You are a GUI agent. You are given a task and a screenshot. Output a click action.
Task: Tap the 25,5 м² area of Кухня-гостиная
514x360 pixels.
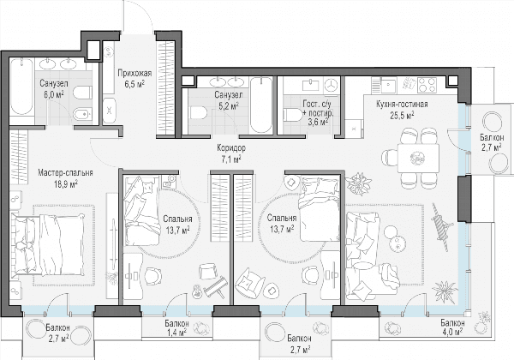coord(402,115)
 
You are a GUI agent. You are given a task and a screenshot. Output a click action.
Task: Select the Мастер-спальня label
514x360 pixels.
coord(65,173)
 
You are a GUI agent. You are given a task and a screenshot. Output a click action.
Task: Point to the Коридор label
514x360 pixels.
coord(230,148)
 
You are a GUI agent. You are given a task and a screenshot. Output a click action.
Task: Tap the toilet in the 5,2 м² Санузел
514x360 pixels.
coord(199,113)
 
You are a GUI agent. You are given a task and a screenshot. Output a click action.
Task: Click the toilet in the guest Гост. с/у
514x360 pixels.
coord(291,116)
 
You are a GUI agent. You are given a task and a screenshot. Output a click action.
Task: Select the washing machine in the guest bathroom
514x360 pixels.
coord(332,85)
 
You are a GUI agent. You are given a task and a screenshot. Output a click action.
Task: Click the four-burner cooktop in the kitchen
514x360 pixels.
coord(427,85)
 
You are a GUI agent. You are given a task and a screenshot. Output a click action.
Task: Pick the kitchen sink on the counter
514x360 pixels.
coord(390,85)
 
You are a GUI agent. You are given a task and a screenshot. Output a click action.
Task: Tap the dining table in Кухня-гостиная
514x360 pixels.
coord(418,158)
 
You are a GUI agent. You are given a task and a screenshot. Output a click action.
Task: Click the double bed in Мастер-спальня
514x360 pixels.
coord(48,244)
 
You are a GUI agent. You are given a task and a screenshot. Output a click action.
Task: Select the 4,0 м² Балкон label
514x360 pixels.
coord(451,327)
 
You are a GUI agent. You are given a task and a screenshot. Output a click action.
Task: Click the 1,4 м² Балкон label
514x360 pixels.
coord(176,327)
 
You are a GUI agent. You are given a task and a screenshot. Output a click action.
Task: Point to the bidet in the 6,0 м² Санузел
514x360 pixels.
coord(82,114)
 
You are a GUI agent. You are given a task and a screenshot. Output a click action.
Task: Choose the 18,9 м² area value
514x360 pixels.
coord(66,183)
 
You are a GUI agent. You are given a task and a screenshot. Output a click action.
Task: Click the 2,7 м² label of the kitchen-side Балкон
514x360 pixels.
coord(491,147)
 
